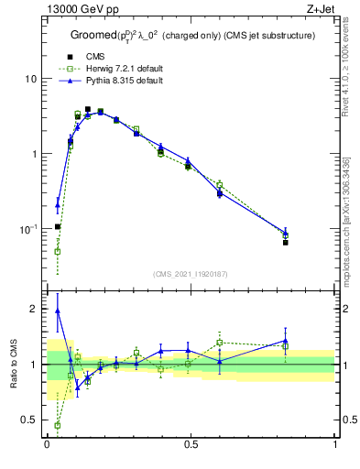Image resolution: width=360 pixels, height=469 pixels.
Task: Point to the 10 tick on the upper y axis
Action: (x=33, y=79)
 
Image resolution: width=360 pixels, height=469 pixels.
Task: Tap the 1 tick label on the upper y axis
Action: (x=36, y=154)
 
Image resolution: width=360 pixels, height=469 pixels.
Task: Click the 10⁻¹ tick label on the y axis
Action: (x=30, y=229)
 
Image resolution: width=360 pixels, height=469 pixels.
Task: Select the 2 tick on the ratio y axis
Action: (x=36, y=310)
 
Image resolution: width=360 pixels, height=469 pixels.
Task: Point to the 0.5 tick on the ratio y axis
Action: (x=31, y=420)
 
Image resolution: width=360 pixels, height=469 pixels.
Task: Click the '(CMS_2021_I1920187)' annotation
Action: (x=191, y=273)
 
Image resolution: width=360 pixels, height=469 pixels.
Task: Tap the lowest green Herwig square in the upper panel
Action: (x=57, y=251)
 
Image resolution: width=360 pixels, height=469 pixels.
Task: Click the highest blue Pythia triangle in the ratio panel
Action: (x=57, y=311)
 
